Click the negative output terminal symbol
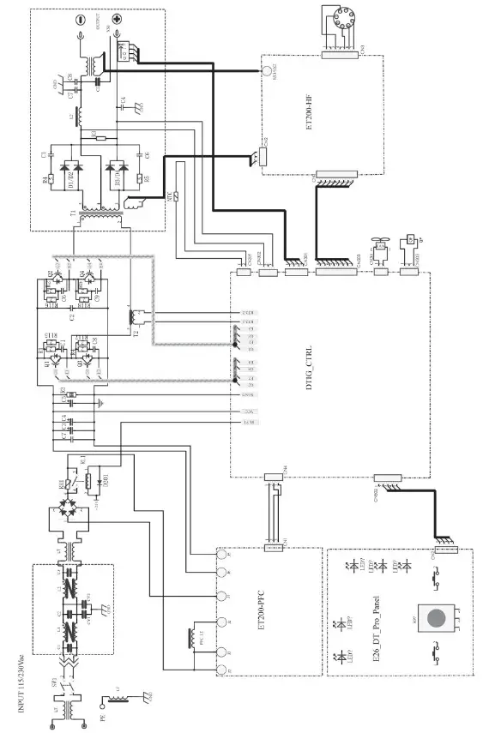click(x=80, y=19)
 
